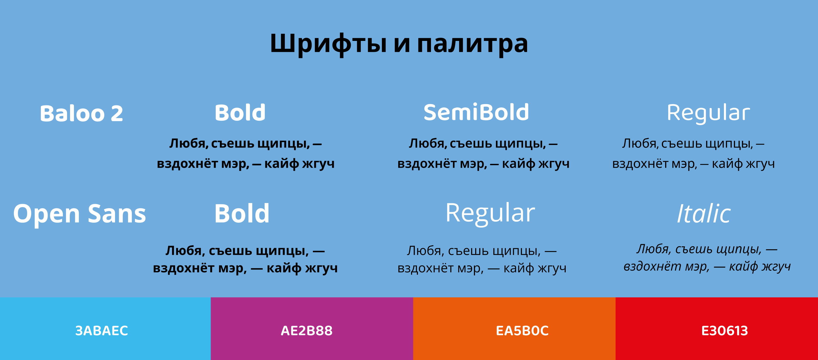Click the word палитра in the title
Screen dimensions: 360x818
pos(472,44)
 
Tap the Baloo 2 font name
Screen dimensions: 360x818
pos(81,114)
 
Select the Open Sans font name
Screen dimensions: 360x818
pos(79,214)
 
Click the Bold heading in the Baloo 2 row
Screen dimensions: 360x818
pos(240,113)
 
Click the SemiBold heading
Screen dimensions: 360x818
pos(476,112)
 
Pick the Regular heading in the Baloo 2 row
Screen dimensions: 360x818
pos(708,113)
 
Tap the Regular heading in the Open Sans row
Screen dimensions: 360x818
pos(490,213)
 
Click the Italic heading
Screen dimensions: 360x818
pos(704,213)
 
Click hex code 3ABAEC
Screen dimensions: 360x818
pos(102,330)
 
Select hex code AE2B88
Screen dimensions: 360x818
pos(306,330)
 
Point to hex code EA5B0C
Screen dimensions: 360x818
pos(522,330)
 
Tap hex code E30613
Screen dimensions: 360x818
pos(724,330)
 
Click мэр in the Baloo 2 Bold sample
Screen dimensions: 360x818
pos(235,164)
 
